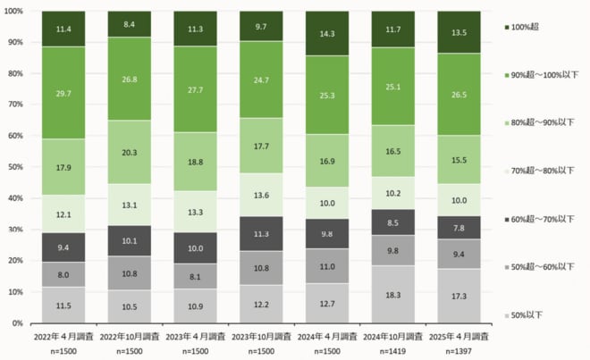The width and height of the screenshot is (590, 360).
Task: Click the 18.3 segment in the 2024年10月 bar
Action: pyautogui.click(x=393, y=294)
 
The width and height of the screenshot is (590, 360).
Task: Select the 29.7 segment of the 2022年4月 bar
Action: pyautogui.click(x=63, y=93)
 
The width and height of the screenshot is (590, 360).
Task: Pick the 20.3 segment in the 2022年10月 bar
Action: pyautogui.click(x=130, y=152)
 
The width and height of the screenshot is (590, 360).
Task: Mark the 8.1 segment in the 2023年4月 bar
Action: pyautogui.click(x=196, y=277)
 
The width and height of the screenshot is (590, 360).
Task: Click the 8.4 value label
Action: pyautogui.click(x=130, y=24)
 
